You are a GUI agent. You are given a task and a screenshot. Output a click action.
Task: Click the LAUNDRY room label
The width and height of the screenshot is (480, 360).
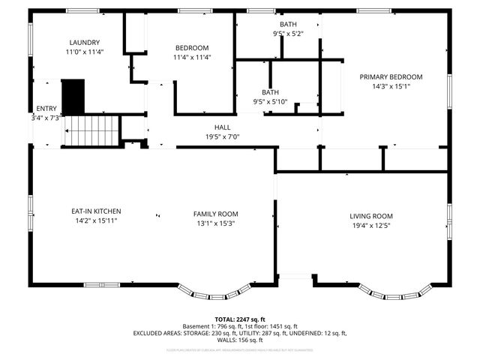[x=85, y=43]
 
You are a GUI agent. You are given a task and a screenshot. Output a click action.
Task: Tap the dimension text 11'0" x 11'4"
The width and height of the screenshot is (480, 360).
[x=85, y=52]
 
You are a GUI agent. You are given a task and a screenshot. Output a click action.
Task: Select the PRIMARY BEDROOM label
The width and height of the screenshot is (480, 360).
[x=391, y=76]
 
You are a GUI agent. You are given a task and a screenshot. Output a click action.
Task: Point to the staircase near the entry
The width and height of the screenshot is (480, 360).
[x=92, y=130]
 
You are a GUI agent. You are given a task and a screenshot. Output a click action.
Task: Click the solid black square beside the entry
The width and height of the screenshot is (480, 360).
[x=73, y=97]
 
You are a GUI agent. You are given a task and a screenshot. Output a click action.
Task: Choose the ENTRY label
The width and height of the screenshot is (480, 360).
[x=45, y=109]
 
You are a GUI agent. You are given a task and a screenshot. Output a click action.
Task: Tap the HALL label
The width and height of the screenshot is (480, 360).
[x=222, y=127]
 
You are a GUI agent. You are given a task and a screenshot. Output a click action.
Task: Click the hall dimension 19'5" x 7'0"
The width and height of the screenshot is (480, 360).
[x=222, y=136]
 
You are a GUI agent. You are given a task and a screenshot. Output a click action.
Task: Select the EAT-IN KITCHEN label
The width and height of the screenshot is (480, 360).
[x=96, y=211]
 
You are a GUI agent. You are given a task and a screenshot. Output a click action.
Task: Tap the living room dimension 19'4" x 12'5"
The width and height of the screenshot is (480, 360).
[x=371, y=225]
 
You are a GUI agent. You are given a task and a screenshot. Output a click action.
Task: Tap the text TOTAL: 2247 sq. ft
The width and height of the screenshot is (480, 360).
[x=240, y=319]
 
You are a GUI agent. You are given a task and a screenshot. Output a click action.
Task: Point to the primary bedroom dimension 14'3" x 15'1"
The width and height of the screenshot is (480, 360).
[x=391, y=86]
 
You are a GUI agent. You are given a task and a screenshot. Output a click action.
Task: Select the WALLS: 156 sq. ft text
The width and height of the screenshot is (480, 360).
[x=240, y=340]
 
